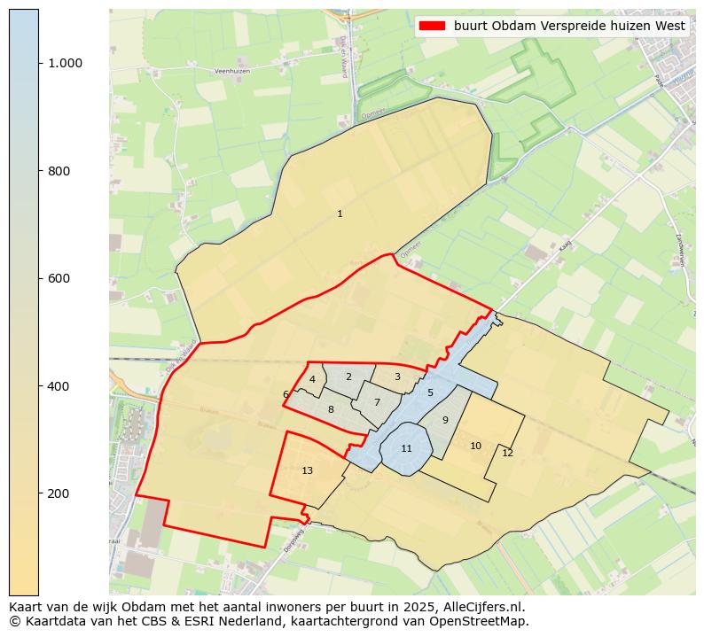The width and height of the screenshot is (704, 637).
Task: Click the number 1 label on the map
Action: [x=340, y=214]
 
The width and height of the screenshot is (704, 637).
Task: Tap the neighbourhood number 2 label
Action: [x=348, y=377]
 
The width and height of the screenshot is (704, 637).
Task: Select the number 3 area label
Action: [x=397, y=377]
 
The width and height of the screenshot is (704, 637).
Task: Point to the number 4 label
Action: [x=312, y=379]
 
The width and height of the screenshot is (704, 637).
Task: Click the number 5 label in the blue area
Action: [x=430, y=392]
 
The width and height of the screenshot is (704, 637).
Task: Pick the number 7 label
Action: [x=377, y=402]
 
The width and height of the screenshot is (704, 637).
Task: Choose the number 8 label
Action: [x=331, y=409]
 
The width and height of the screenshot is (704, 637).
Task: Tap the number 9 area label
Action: [x=445, y=420]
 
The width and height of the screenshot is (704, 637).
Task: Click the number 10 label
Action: [x=475, y=446]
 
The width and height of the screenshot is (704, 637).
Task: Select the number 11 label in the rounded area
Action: [x=406, y=448]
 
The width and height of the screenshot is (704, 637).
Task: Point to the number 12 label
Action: [x=507, y=453]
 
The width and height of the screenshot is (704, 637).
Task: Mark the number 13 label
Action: [x=307, y=470]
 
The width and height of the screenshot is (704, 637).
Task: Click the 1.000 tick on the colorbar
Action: [x=65, y=63]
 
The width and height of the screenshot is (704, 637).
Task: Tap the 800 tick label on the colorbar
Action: [x=59, y=171]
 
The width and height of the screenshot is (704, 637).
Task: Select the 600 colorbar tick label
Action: [x=59, y=278]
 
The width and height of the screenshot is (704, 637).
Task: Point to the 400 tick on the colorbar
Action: [x=59, y=386]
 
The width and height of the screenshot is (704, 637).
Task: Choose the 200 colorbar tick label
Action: [x=59, y=493]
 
